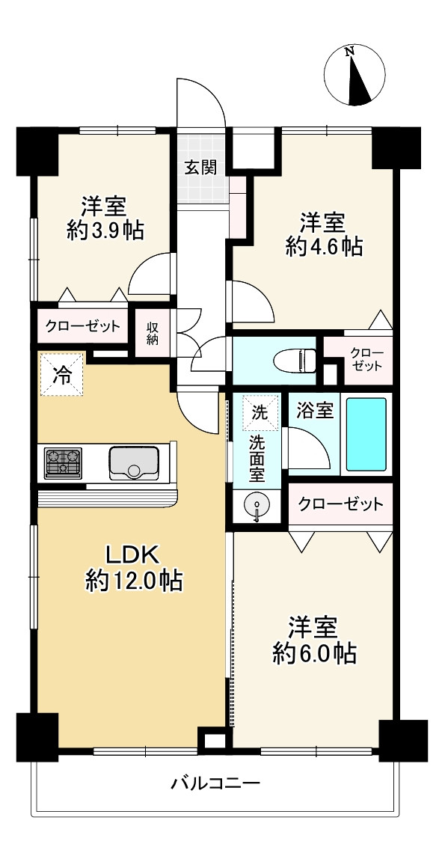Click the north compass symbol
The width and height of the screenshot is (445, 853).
355,75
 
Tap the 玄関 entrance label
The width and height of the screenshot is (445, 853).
200,168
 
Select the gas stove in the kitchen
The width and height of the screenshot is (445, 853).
63,463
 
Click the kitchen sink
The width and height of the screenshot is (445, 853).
134,463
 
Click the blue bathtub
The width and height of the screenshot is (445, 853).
366,434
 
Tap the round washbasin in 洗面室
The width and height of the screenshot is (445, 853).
256,506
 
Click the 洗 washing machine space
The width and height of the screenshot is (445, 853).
259,412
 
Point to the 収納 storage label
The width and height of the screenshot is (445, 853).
152,333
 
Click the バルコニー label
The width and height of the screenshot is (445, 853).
216,784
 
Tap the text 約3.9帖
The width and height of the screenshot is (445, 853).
105,232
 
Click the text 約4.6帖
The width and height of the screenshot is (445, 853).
325,248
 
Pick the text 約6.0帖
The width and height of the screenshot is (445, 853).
314,652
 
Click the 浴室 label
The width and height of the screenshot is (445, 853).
315,412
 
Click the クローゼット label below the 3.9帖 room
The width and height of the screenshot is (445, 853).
82,326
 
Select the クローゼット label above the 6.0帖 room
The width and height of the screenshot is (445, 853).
340,504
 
